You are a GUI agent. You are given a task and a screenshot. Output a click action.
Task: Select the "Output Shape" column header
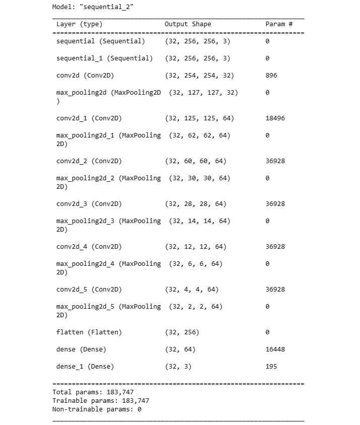click(188, 24)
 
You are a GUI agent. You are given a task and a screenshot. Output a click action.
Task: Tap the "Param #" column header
click(275, 24)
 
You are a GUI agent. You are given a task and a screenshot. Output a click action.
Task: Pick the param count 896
click(271, 76)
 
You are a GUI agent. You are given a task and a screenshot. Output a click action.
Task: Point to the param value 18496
click(275, 118)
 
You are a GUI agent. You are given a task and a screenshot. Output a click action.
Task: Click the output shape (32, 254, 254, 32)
click(199, 76)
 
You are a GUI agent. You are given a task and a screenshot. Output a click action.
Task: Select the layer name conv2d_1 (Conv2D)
click(89, 118)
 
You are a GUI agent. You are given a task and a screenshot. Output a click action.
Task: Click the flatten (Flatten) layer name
click(89, 332)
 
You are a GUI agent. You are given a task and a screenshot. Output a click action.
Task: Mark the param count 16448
click(275, 349)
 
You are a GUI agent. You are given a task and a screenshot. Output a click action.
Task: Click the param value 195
click(271, 367)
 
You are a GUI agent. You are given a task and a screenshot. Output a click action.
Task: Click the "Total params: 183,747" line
click(93, 392)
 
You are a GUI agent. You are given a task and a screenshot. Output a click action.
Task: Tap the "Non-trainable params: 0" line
click(97, 409)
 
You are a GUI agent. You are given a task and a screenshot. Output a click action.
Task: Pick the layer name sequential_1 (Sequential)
click(104, 58)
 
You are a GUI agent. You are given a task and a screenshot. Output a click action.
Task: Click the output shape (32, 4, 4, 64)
click(192, 290)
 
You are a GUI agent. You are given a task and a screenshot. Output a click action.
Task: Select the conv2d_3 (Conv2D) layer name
click(89, 204)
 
